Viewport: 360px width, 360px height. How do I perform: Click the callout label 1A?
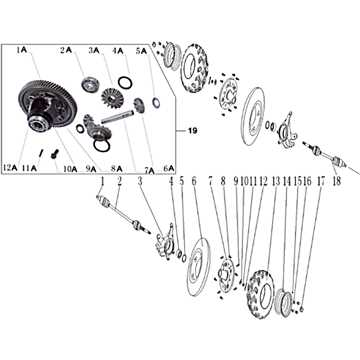[x=22, y=49]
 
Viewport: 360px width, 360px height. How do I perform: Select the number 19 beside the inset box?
[x=193, y=130]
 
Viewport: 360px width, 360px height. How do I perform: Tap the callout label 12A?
[x=10, y=167]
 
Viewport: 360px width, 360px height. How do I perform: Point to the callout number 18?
[x=336, y=181]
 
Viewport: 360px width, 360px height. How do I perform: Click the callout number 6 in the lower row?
[x=194, y=181]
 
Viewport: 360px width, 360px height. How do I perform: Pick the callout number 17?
[x=321, y=181]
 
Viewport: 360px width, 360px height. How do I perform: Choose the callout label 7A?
[x=149, y=171]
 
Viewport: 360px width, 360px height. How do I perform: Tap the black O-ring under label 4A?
[x=125, y=82]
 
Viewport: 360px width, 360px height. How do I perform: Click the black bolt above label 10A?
[x=54, y=154]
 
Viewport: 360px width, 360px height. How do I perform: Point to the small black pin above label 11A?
[x=41, y=153]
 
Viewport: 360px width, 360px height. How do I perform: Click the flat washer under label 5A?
[x=156, y=103]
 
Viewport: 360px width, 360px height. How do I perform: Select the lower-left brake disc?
[x=198, y=267]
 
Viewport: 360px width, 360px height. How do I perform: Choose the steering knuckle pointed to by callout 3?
[x=166, y=243]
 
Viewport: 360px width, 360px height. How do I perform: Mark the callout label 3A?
[x=94, y=50]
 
